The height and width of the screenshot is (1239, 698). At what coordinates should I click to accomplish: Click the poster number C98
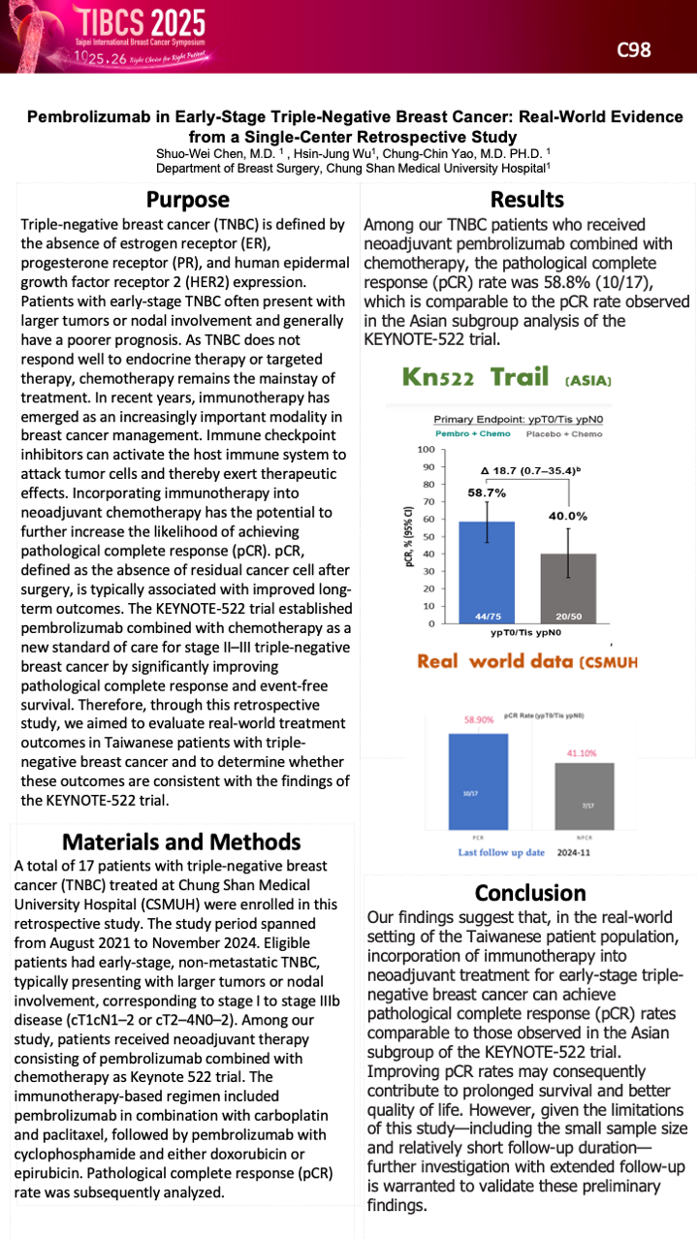tap(634, 50)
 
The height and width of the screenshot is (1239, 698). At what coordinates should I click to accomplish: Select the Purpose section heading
tap(188, 200)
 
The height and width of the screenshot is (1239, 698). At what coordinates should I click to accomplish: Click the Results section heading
tap(527, 200)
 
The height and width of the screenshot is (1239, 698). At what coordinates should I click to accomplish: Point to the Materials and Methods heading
tap(181, 842)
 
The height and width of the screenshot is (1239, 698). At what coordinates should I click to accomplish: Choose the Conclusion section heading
tap(530, 892)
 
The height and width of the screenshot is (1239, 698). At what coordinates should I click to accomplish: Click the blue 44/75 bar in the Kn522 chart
tap(487, 572)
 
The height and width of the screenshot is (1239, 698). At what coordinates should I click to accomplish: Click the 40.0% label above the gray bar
tap(569, 515)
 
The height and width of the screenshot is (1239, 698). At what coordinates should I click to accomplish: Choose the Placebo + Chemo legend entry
tap(563, 433)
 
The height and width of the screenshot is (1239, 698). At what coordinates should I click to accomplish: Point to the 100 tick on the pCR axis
tap(424, 450)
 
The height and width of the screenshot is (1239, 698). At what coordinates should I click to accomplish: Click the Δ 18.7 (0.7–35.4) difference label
tap(528, 471)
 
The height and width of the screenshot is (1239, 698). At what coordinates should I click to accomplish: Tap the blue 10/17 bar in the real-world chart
tap(478, 780)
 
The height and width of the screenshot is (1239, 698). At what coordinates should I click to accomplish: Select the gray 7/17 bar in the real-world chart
tap(585, 795)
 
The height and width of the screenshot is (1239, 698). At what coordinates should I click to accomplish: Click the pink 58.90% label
tap(478, 720)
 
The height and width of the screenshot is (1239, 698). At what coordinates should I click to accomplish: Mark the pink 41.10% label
tap(584, 751)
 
